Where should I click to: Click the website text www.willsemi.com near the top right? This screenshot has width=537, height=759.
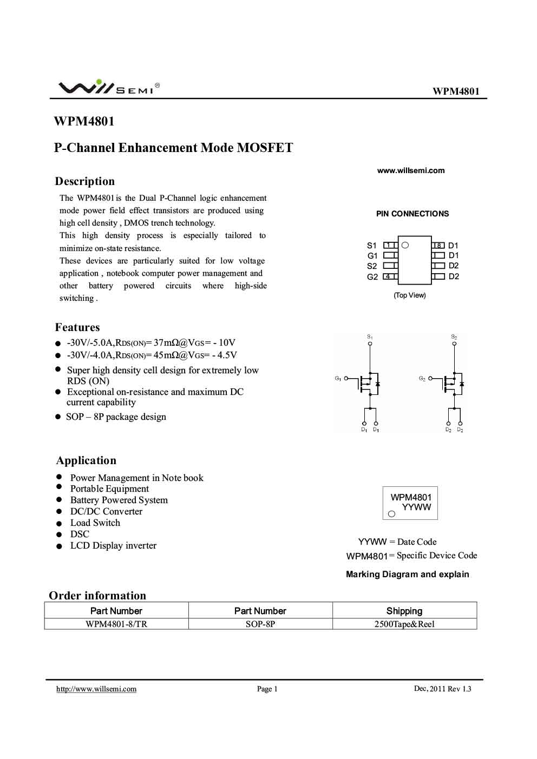point(410,170)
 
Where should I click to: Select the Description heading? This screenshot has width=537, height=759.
point(85,181)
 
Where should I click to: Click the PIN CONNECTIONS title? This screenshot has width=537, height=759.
point(412,214)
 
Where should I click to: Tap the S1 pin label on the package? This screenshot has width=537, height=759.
point(371,246)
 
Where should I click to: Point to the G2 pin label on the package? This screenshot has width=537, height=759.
point(372,277)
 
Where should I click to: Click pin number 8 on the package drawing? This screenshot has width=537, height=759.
point(438,246)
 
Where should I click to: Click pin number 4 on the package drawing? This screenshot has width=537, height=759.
point(388,276)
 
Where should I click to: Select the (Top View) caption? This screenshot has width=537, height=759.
point(410,295)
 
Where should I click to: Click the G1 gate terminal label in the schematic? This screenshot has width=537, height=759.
point(338,378)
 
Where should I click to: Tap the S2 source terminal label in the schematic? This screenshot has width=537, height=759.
point(454,336)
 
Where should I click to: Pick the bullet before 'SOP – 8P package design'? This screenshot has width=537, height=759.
point(58,417)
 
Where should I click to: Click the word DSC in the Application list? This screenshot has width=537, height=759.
point(80,534)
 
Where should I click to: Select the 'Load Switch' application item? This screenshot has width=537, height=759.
point(95,523)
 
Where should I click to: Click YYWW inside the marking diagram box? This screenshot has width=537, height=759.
point(416,507)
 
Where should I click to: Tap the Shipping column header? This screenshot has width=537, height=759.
point(404,611)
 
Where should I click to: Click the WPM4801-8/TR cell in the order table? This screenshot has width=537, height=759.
point(116,624)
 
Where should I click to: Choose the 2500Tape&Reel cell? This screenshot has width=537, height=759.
point(404,624)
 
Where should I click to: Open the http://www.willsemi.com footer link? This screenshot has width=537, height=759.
point(96,689)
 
